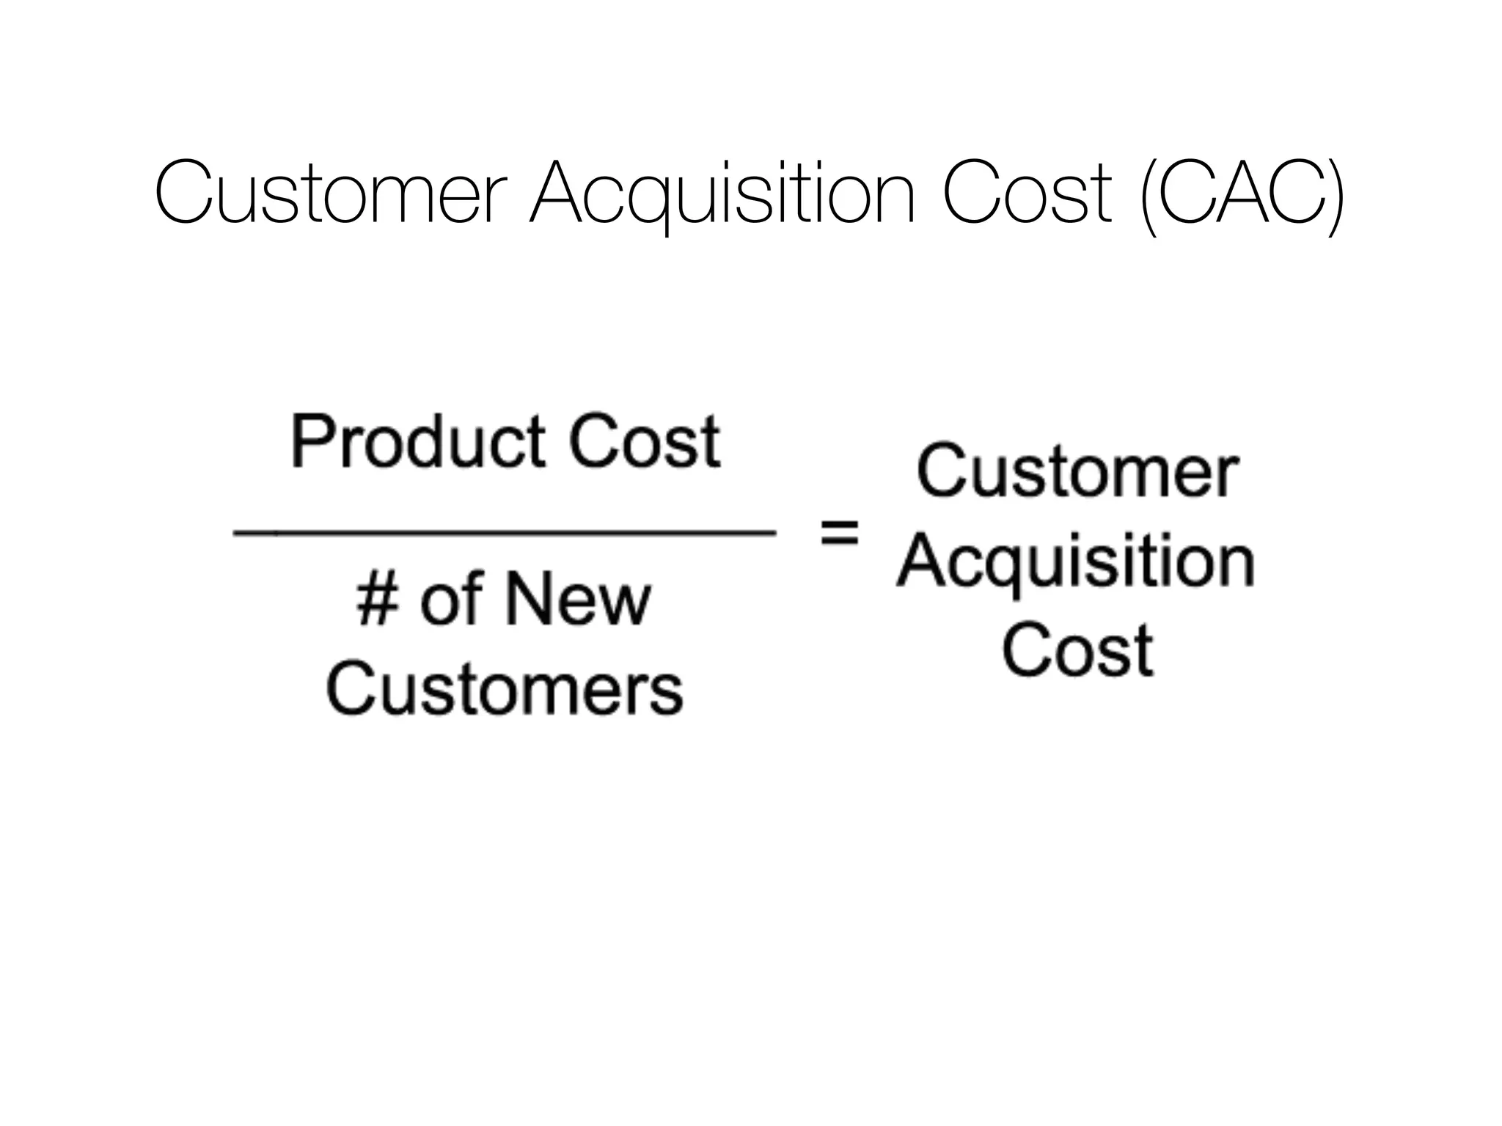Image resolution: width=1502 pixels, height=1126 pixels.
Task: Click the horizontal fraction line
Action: (505, 534)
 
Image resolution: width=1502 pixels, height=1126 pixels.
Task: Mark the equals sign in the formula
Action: (838, 533)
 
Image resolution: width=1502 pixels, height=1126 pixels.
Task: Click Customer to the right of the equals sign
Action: (1077, 473)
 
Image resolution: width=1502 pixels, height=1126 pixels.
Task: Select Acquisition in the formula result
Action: (1076, 563)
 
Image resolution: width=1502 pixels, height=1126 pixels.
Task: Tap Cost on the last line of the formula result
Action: (1077, 650)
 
